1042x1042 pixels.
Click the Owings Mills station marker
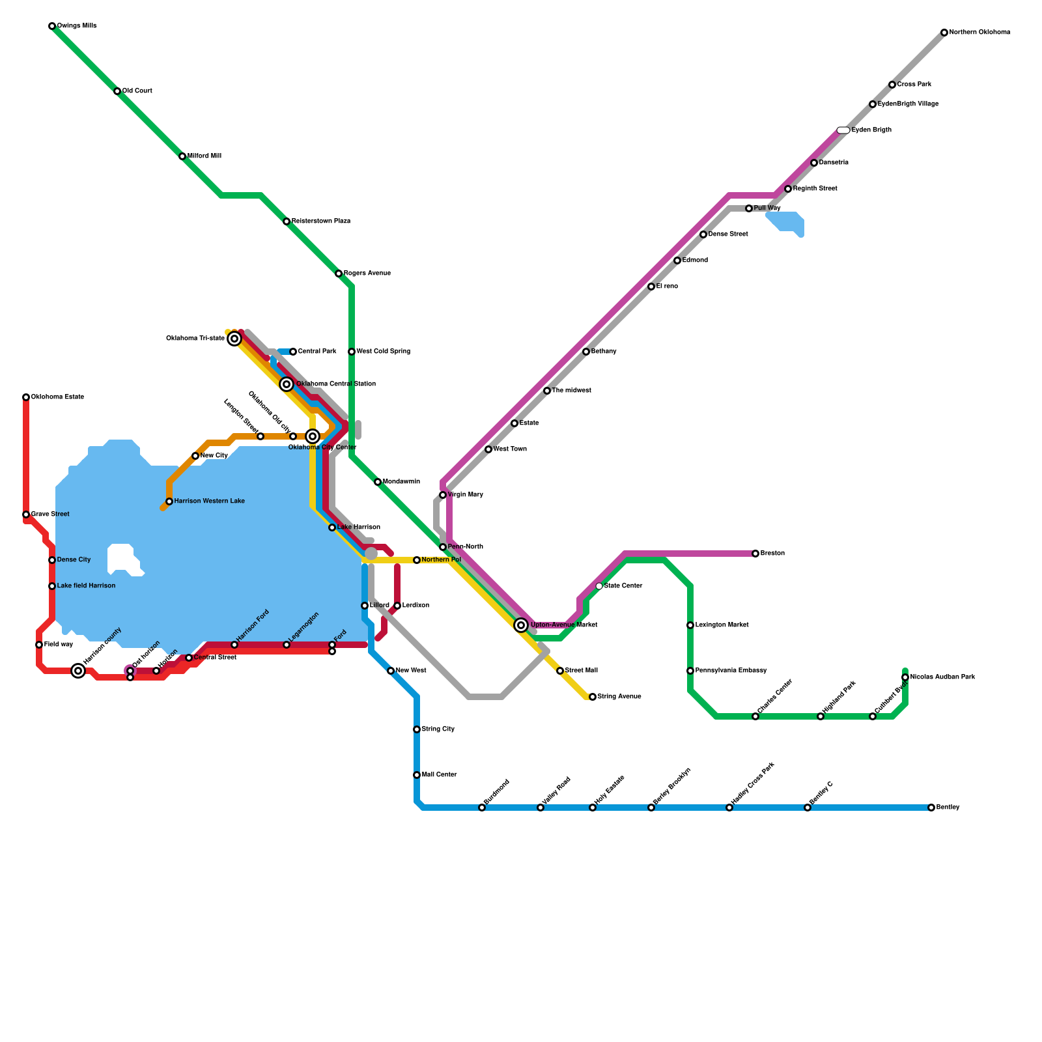[52, 26]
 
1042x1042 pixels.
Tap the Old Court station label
[137, 91]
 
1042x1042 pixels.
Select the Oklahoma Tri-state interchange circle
[234, 339]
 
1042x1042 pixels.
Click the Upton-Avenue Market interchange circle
[521, 625]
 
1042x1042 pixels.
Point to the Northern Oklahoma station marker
[944, 33]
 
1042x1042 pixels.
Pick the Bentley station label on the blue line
[948, 808]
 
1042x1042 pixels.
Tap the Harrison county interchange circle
[78, 671]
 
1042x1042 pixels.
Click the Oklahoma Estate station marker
[26, 397]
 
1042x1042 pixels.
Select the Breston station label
[772, 554]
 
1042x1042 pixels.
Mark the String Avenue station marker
[593, 697]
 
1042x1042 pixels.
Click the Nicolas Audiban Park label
[942, 677]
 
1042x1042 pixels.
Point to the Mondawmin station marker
[378, 482]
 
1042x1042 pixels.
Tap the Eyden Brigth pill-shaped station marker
[843, 130]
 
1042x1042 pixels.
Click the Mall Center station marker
[417, 775]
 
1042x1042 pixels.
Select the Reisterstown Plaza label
[320, 221]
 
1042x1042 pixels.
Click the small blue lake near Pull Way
[787, 222]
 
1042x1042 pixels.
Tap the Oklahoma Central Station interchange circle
[287, 384]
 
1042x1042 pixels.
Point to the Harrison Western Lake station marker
[169, 501]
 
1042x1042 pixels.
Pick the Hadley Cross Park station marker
[729, 808]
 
